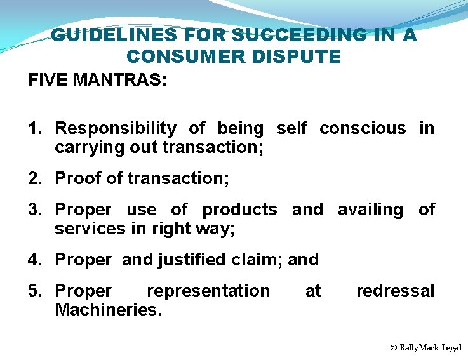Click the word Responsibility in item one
tap(116, 128)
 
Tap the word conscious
tap(362, 128)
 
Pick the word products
tap(239, 210)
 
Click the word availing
tap(370, 210)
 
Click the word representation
tap(208, 291)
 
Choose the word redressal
tap(395, 291)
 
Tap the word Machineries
tap(109, 310)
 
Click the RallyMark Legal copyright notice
tap(426, 347)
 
